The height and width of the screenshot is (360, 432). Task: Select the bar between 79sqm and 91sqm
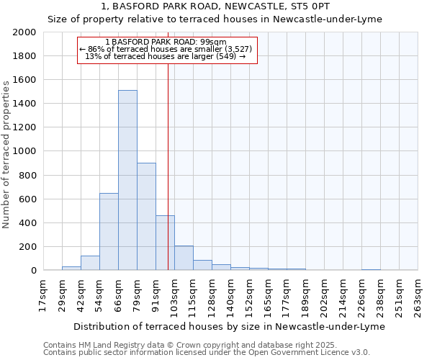click(146, 216)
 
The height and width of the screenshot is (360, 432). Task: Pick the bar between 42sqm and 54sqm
click(90, 263)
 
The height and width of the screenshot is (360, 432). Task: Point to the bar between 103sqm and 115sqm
click(184, 258)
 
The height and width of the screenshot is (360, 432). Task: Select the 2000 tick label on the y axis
click(24, 32)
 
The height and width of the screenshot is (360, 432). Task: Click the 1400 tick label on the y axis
click(24, 104)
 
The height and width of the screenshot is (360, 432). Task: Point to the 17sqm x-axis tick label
click(44, 295)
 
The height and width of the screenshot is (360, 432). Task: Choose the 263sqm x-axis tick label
click(419, 295)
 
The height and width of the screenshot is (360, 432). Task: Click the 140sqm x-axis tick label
click(232, 295)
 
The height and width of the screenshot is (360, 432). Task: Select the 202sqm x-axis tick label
click(325, 295)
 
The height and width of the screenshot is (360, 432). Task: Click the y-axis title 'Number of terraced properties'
click(6, 155)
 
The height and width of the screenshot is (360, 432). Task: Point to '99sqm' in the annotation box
click(215, 42)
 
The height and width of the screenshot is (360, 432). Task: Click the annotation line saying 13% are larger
click(166, 56)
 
